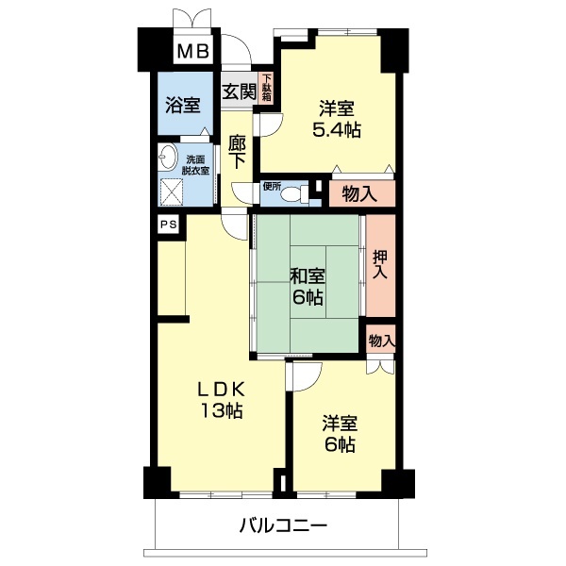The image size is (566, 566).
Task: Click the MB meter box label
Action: (x=194, y=50)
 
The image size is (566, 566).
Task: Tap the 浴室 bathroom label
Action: (x=183, y=105)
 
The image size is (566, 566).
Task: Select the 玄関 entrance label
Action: (x=240, y=92)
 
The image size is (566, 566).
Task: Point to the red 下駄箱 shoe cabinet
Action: (x=267, y=89)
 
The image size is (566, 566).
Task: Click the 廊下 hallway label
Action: (x=238, y=153)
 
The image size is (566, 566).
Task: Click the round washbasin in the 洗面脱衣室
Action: (x=170, y=158)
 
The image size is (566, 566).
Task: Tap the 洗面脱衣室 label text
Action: (x=198, y=164)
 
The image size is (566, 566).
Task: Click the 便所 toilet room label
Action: (x=273, y=186)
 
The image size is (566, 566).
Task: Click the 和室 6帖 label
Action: (x=308, y=287)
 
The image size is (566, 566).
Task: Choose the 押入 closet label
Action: (x=380, y=264)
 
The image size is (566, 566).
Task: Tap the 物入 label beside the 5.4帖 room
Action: (x=359, y=194)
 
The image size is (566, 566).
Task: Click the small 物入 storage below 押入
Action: (x=380, y=340)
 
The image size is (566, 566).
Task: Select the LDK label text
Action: (x=222, y=389)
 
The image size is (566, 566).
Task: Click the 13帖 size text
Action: (x=222, y=411)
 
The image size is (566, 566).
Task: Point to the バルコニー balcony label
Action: (x=282, y=524)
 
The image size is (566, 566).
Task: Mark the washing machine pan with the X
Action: (x=173, y=191)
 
